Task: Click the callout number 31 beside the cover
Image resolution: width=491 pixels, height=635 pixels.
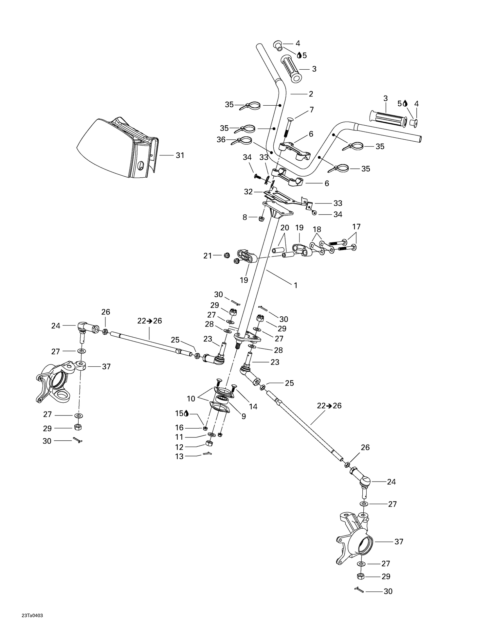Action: click(x=180, y=155)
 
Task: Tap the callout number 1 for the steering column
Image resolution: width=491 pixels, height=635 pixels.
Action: click(x=296, y=285)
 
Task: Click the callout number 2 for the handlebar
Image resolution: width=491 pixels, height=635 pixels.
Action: click(x=311, y=94)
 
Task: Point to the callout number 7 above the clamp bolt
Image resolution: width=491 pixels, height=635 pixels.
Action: click(x=312, y=110)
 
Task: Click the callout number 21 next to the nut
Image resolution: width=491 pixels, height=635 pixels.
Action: click(x=208, y=256)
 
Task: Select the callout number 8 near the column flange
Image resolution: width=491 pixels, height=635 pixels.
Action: click(x=245, y=217)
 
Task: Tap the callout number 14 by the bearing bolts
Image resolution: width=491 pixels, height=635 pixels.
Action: click(x=253, y=407)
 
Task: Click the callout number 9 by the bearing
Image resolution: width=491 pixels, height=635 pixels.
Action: click(x=244, y=416)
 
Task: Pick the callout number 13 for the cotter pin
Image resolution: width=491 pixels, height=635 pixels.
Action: click(x=179, y=456)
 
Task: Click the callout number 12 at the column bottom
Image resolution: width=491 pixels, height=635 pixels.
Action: click(x=179, y=447)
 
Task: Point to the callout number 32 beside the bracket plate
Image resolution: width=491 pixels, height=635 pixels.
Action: click(x=248, y=192)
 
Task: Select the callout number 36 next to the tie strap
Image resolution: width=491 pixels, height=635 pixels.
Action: click(x=221, y=140)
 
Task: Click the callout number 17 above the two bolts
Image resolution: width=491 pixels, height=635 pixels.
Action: click(x=356, y=226)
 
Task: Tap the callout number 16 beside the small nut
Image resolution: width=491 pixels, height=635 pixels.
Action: click(x=179, y=428)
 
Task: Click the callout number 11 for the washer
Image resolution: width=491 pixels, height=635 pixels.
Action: click(x=179, y=437)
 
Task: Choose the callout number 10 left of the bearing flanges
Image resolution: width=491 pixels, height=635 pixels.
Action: click(x=191, y=398)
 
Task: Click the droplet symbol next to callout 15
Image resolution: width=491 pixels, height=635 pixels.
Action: click(x=187, y=414)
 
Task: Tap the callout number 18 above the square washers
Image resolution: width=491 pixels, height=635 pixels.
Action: click(x=317, y=229)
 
